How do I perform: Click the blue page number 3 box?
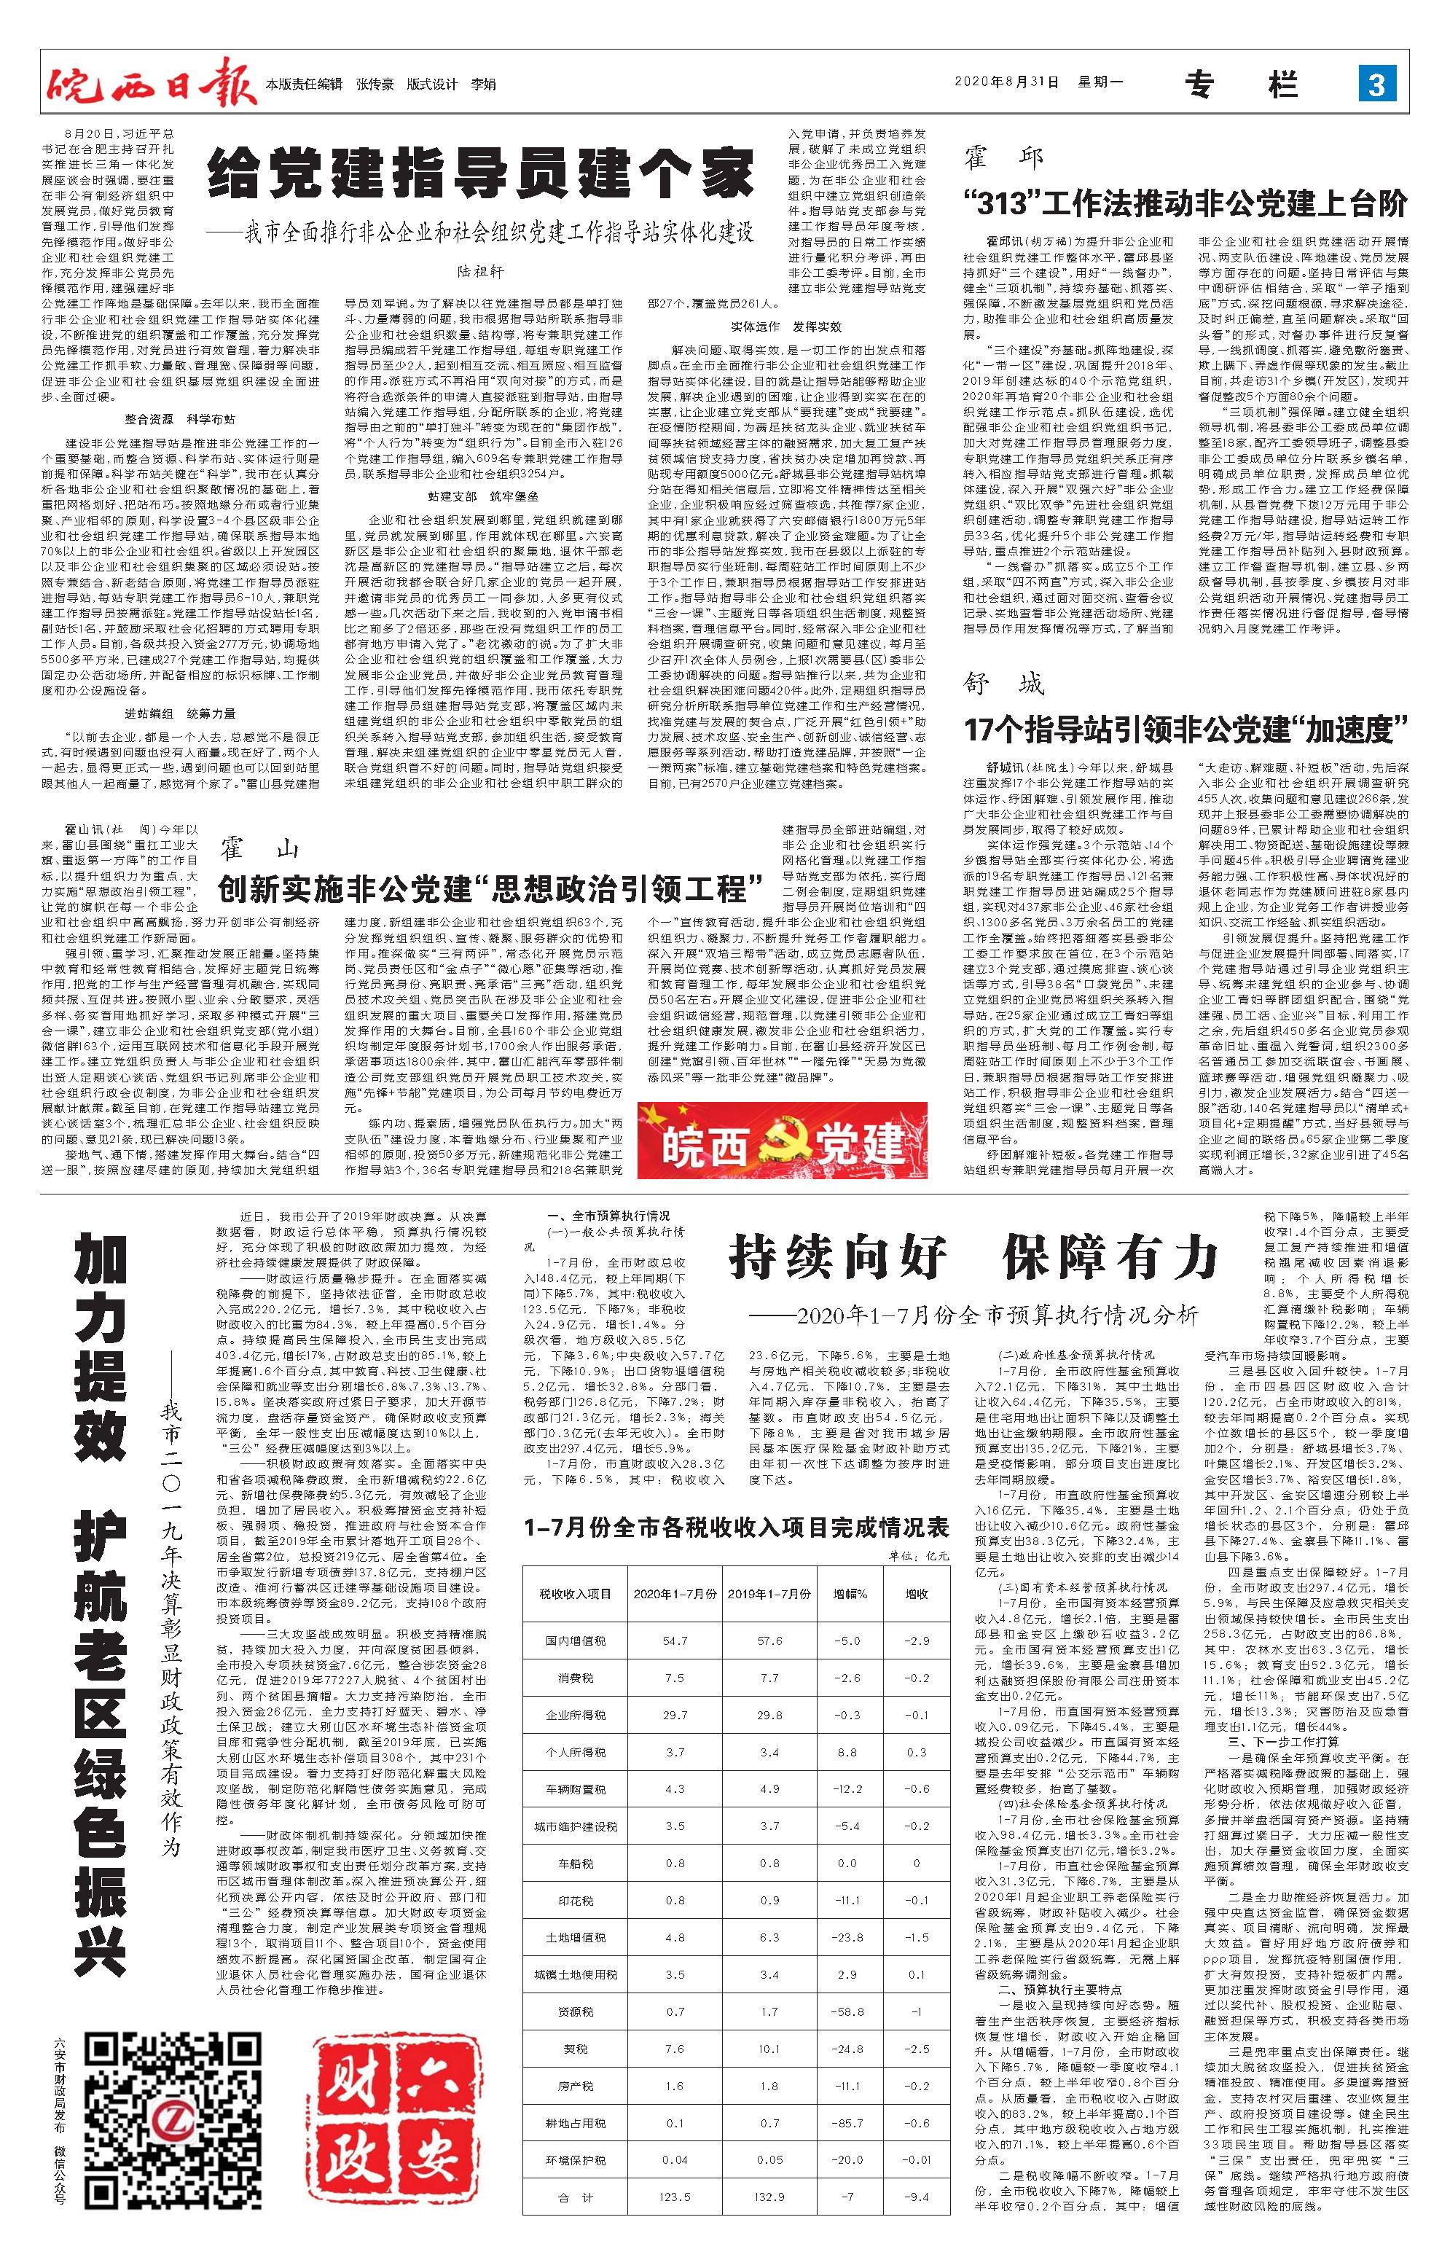pyautogui.click(x=1376, y=85)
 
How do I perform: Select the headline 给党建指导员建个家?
pyautogui.click(x=481, y=174)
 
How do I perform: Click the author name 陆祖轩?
pyautogui.click(x=481, y=271)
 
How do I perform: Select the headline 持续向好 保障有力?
pyautogui.click(x=973, y=1257)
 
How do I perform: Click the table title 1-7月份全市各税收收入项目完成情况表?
pyautogui.click(x=737, y=1528)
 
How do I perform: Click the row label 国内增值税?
pyautogui.click(x=576, y=1641)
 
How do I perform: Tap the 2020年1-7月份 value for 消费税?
pyautogui.click(x=675, y=1678)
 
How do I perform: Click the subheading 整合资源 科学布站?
pyautogui.click(x=181, y=419)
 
